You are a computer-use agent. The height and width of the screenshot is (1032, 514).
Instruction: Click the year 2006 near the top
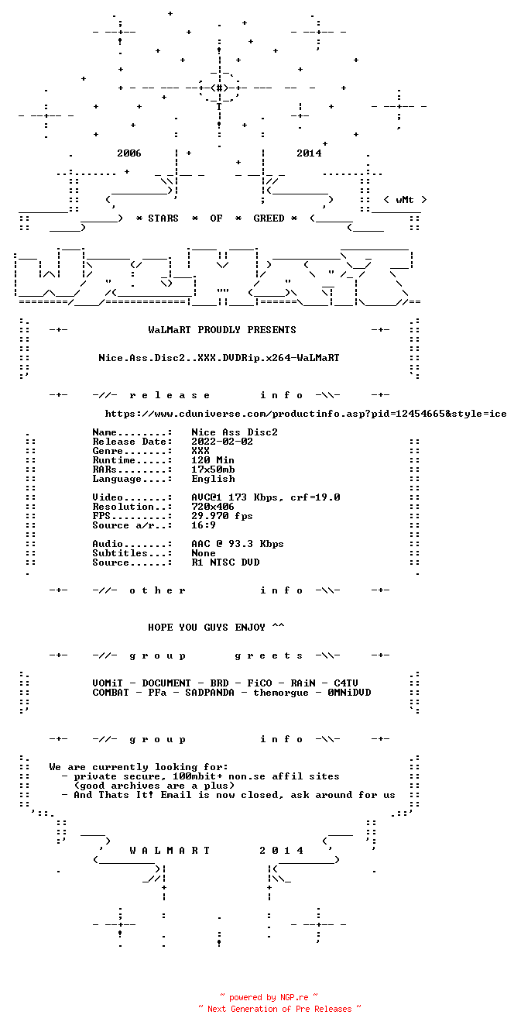click(x=128, y=153)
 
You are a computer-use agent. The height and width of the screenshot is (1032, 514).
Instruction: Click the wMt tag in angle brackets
click(x=405, y=200)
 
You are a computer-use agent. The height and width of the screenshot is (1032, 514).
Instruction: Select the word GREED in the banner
click(x=269, y=218)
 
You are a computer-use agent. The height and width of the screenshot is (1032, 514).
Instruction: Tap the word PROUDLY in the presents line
click(x=219, y=330)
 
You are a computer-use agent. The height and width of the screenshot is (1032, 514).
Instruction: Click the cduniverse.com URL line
click(x=306, y=414)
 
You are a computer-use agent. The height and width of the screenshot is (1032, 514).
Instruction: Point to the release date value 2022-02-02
click(x=222, y=442)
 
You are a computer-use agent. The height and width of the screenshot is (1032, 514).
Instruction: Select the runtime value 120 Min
click(x=213, y=460)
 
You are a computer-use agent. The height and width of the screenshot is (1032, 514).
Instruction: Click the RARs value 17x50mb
click(x=213, y=470)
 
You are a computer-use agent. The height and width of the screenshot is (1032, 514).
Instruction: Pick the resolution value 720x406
click(x=213, y=507)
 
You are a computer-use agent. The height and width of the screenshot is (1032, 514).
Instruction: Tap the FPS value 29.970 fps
click(x=222, y=516)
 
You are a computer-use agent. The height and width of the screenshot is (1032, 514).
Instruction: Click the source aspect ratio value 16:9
click(x=204, y=525)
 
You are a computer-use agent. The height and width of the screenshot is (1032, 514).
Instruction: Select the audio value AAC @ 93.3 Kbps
click(x=238, y=544)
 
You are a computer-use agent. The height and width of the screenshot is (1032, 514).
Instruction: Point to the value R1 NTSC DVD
click(x=225, y=562)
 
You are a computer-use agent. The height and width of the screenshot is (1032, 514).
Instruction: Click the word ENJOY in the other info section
click(x=250, y=628)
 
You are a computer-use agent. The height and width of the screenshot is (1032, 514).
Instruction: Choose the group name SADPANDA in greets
click(x=210, y=693)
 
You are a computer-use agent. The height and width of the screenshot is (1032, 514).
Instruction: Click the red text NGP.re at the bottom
click(x=294, y=997)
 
